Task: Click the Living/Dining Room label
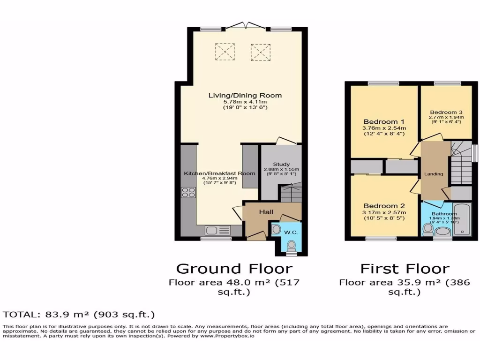245,95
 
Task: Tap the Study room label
281,164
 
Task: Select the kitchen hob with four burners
188,192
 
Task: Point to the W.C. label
293,232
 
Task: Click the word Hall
266,212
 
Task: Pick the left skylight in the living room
224,52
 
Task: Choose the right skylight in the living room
260,52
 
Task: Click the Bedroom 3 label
446,112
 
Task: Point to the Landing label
434,174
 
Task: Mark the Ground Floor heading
234,269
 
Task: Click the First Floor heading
404,269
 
